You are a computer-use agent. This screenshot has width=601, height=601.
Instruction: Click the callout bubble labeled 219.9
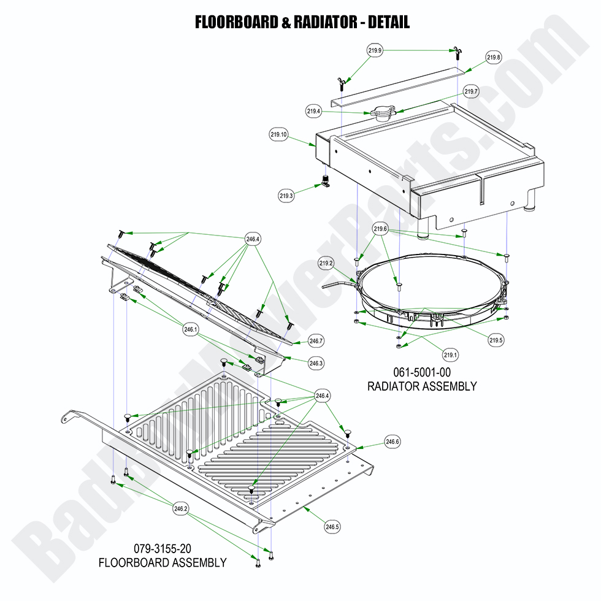pyautogui.click(x=375, y=51)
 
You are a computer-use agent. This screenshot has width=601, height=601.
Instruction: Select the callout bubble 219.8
pyautogui.click(x=494, y=58)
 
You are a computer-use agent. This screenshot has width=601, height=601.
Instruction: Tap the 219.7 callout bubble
pyautogui.click(x=471, y=92)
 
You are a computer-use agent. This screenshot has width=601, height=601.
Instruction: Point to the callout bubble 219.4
pyautogui.click(x=314, y=111)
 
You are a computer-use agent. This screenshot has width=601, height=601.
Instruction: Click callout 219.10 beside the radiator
pyautogui.click(x=278, y=135)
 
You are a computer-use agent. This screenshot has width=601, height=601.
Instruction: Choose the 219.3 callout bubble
pyautogui.click(x=286, y=196)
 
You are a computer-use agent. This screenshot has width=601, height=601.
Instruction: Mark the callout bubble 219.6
pyautogui.click(x=381, y=229)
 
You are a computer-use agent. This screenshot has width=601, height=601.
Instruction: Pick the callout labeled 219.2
pyautogui.click(x=326, y=264)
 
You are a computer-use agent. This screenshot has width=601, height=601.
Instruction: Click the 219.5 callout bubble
pyautogui.click(x=496, y=340)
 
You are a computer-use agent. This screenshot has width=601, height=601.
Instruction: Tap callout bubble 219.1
pyautogui.click(x=451, y=354)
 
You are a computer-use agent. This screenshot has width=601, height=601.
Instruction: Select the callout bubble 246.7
pyautogui.click(x=316, y=341)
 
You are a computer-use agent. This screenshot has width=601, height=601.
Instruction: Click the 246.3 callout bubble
pyautogui.click(x=316, y=363)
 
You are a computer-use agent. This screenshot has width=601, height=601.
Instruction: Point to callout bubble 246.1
pyautogui.click(x=191, y=329)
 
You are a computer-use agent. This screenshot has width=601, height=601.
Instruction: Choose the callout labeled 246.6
pyautogui.click(x=392, y=442)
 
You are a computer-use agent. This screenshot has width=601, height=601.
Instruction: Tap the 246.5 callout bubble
pyautogui.click(x=332, y=526)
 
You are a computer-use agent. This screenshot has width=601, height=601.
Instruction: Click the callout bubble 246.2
pyautogui.click(x=181, y=508)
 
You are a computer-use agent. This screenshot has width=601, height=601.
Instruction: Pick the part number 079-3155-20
pyautogui.click(x=162, y=548)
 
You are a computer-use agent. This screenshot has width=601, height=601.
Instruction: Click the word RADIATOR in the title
pyautogui.click(x=323, y=23)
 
